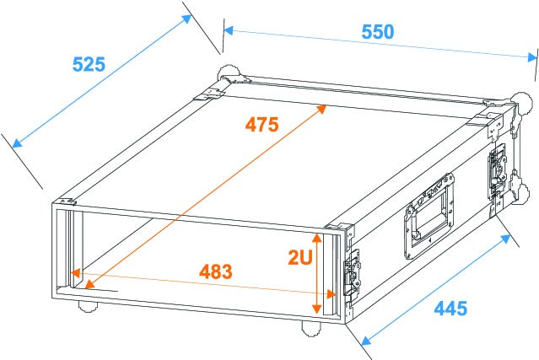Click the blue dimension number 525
click(x=88, y=64)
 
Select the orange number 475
click(x=261, y=125)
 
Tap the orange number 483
click(x=215, y=272)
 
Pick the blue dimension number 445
click(x=450, y=309)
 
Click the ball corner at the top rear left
click(x=228, y=74)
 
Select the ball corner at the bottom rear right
click(x=525, y=196)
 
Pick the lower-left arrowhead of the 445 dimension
click(x=364, y=341)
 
